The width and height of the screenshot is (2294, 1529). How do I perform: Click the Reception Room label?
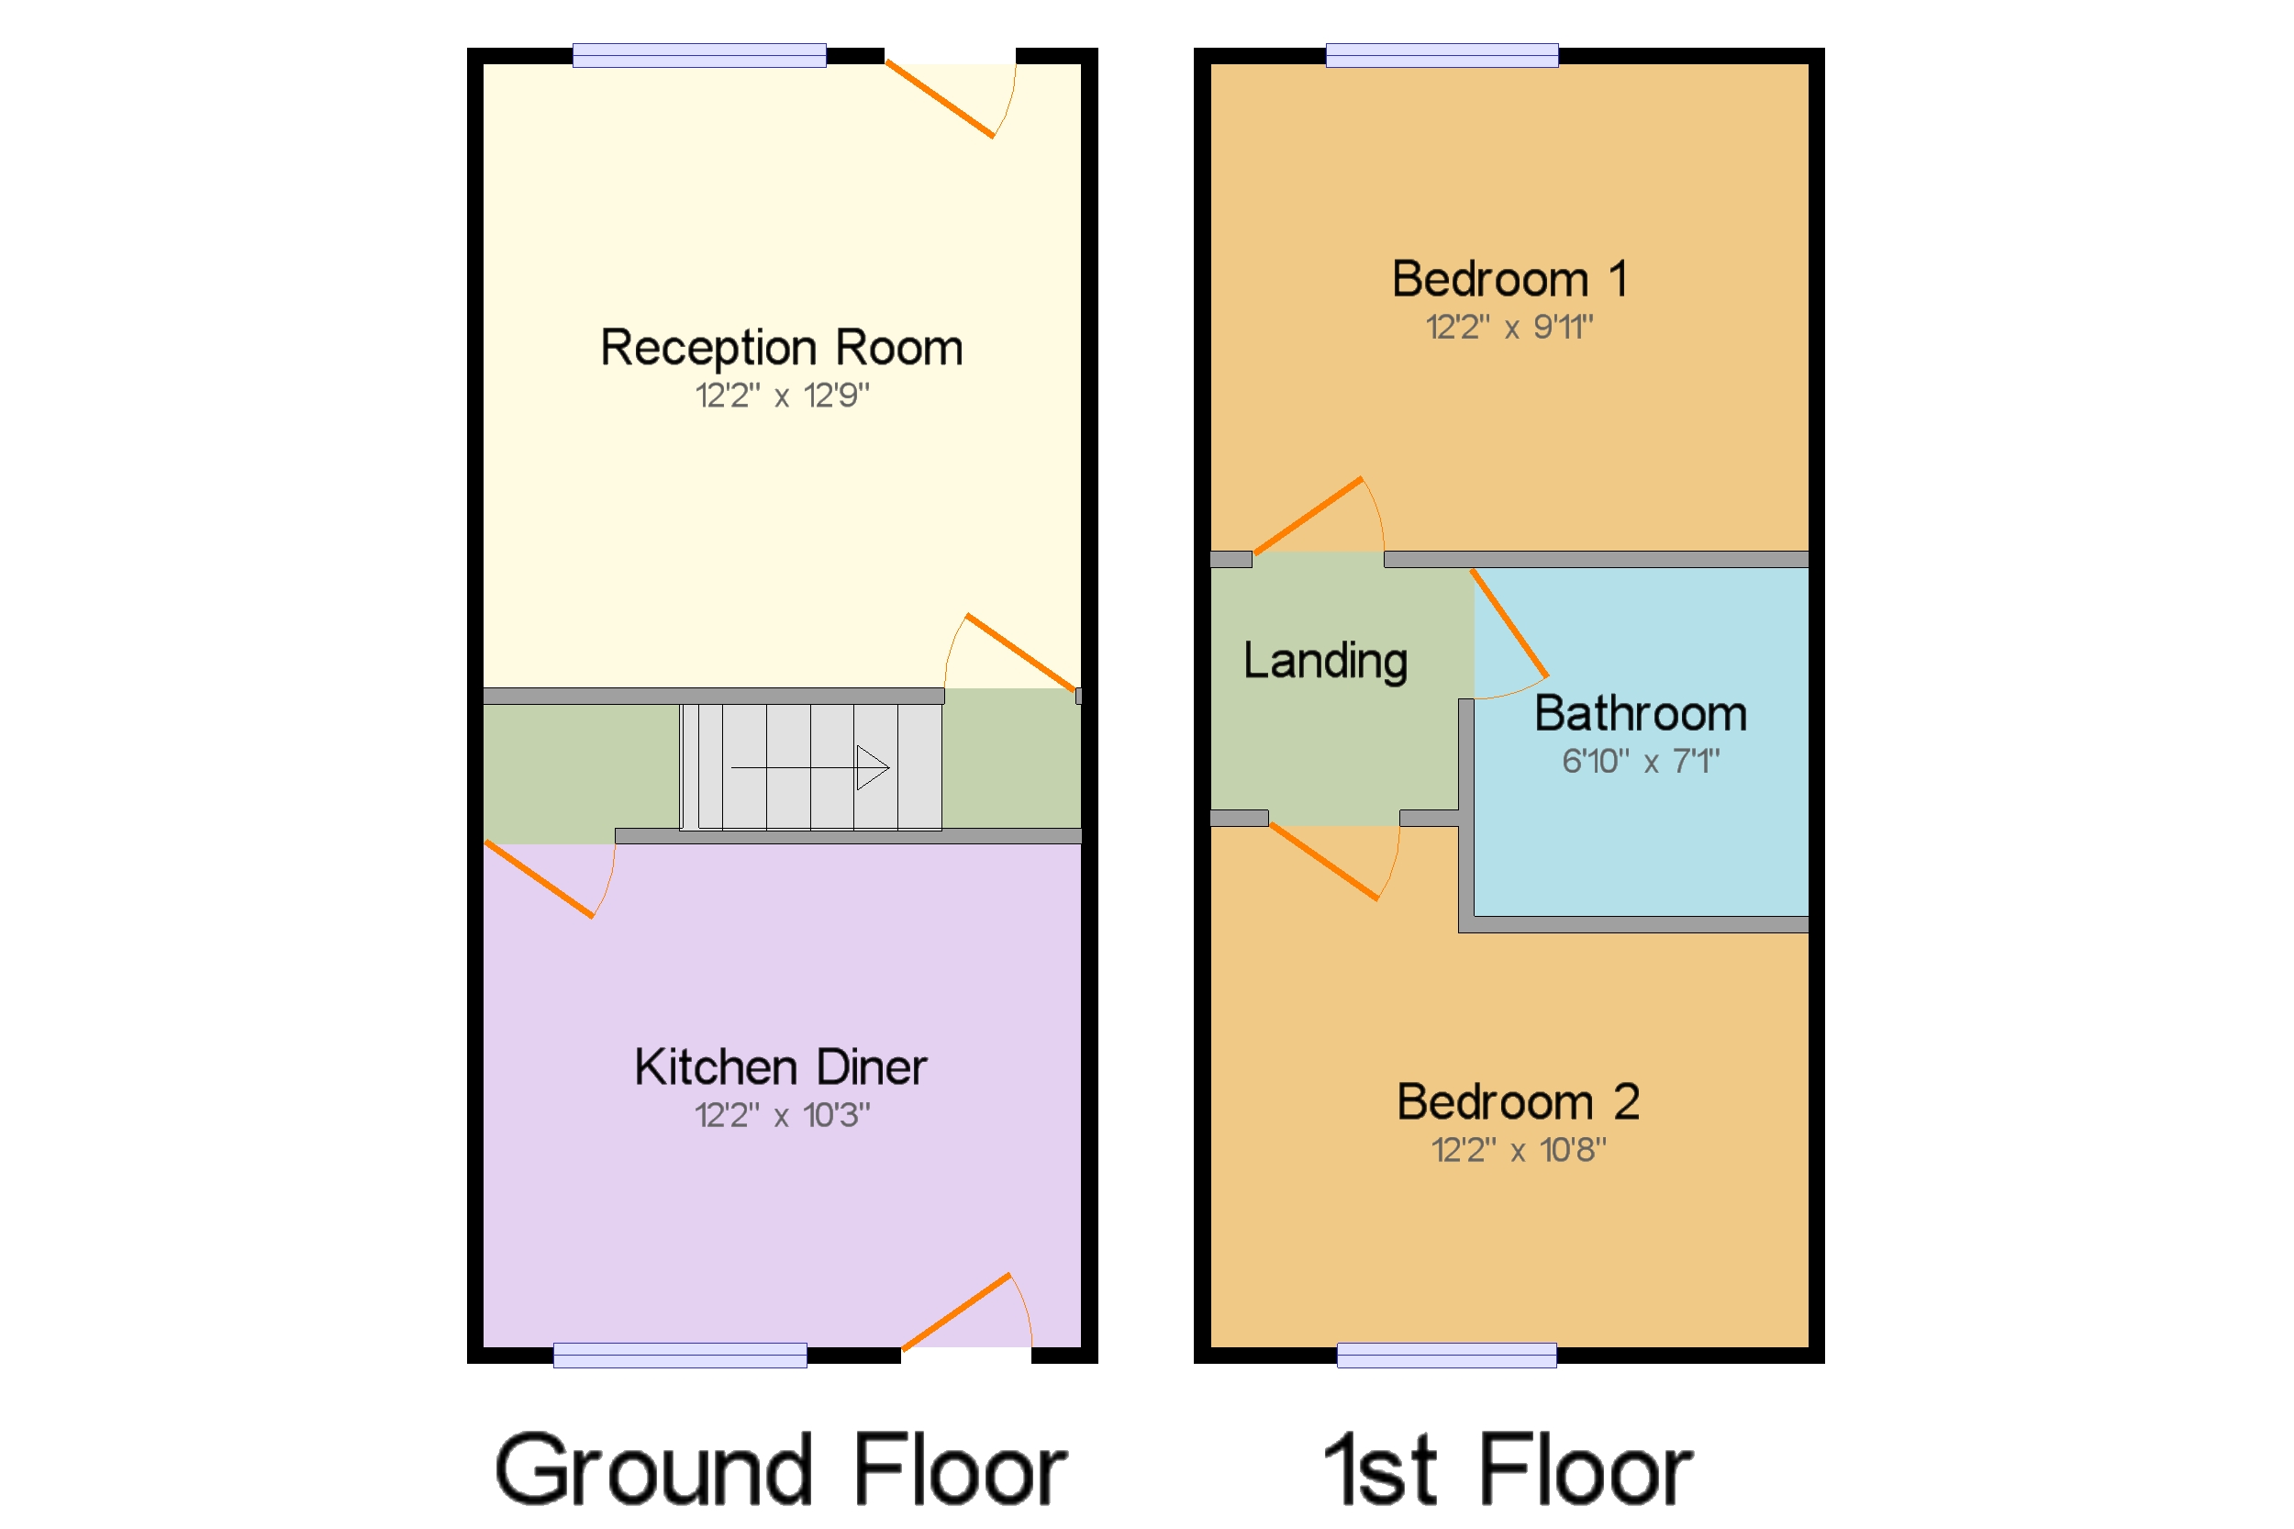(781, 348)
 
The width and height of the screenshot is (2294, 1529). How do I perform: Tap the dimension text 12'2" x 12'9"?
(781, 396)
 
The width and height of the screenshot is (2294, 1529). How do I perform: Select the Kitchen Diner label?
(780, 1066)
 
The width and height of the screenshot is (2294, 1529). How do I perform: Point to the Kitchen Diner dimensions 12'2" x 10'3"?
(781, 1114)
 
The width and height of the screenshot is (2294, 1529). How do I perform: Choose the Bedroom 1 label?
(1509, 280)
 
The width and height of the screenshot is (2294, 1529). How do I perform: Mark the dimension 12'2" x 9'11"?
(1509, 328)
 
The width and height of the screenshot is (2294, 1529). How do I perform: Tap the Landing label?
(1325, 661)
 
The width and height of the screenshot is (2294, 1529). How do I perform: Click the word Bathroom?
(1640, 714)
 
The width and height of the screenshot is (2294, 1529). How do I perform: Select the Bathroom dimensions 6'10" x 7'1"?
(1640, 761)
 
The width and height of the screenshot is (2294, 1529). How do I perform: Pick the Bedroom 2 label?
(1517, 1102)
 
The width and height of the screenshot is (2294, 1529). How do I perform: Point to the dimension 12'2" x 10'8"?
(1517, 1150)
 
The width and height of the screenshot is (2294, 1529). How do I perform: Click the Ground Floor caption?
(780, 1469)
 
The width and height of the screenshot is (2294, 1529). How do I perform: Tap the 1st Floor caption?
(1508, 1469)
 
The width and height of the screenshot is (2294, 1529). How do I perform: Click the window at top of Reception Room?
(699, 56)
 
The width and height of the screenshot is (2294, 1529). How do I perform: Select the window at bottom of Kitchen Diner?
(680, 1355)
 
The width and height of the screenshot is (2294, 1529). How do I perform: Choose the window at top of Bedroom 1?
(1441, 56)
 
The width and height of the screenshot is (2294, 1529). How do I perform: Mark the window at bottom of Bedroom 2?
(1446, 1355)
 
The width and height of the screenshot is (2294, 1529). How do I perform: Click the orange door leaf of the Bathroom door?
(1509, 622)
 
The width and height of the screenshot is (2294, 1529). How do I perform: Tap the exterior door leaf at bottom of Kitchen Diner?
(955, 1311)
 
